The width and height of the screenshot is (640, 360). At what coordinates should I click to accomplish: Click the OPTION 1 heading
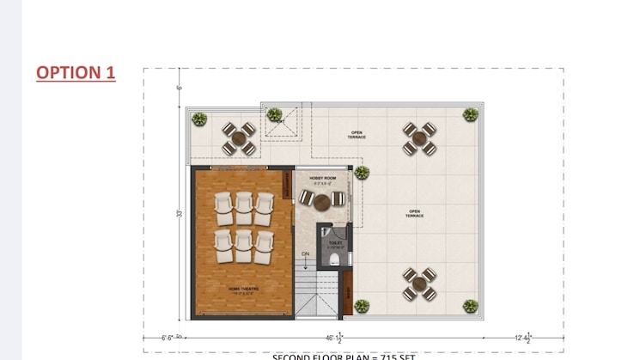(x=76, y=72)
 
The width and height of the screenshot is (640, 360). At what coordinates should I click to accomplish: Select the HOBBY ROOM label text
(x=322, y=178)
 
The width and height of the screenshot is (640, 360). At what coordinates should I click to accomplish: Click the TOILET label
(x=335, y=243)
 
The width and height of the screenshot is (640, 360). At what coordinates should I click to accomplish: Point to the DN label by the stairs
(x=305, y=253)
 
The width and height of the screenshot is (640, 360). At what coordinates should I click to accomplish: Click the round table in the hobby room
(x=322, y=202)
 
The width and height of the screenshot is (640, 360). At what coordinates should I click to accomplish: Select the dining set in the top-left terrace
(x=239, y=138)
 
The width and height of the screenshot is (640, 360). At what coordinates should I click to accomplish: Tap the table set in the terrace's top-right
(x=419, y=137)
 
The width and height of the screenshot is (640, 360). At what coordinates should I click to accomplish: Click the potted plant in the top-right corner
(x=471, y=114)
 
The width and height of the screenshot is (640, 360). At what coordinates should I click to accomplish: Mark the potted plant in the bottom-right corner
(x=471, y=306)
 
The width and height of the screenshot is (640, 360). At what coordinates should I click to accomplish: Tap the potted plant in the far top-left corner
(x=199, y=119)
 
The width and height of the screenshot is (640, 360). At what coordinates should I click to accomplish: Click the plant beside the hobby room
(x=362, y=173)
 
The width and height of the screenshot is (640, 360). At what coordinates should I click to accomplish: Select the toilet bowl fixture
(x=335, y=259)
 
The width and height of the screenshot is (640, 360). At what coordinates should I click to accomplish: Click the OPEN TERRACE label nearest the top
(x=357, y=135)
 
